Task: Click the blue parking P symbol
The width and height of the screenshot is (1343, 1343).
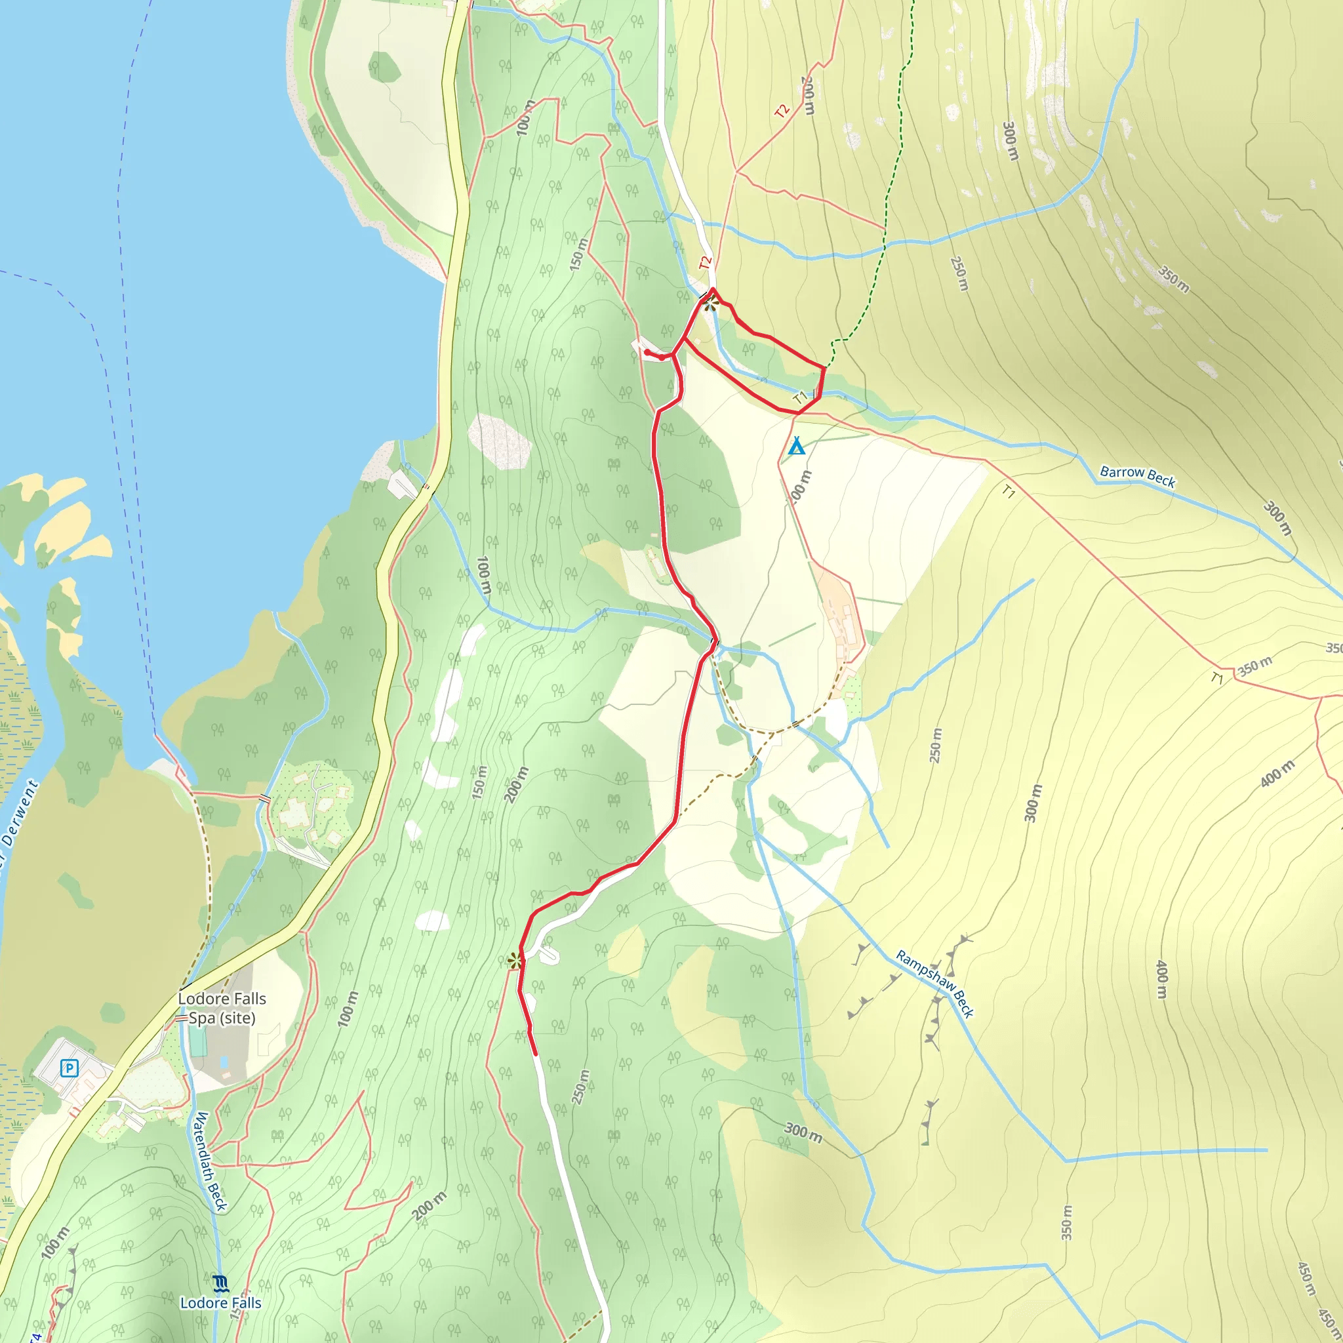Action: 69,1068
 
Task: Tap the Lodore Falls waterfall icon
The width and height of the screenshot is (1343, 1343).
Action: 220,1283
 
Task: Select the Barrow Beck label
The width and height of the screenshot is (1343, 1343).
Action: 1137,476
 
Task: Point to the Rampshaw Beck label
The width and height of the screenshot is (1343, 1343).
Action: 934,984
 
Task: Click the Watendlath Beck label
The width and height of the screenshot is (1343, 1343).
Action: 210,1161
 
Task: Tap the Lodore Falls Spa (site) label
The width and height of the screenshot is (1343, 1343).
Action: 222,1008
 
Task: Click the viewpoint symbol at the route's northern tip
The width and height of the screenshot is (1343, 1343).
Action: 710,303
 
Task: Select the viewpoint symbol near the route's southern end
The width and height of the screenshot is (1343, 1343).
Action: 514,961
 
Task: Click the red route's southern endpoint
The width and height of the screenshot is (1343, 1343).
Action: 535,1054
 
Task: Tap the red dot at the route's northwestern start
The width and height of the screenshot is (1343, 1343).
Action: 647,352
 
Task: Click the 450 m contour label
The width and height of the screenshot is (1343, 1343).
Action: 1306,1279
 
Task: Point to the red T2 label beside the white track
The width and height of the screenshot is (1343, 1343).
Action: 706,263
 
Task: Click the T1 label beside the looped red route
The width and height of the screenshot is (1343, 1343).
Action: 801,397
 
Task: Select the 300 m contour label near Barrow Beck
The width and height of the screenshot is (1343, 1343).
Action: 1277,519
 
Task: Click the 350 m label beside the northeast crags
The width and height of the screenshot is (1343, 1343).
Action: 1173,278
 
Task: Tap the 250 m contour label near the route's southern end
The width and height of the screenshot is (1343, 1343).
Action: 580,1087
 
